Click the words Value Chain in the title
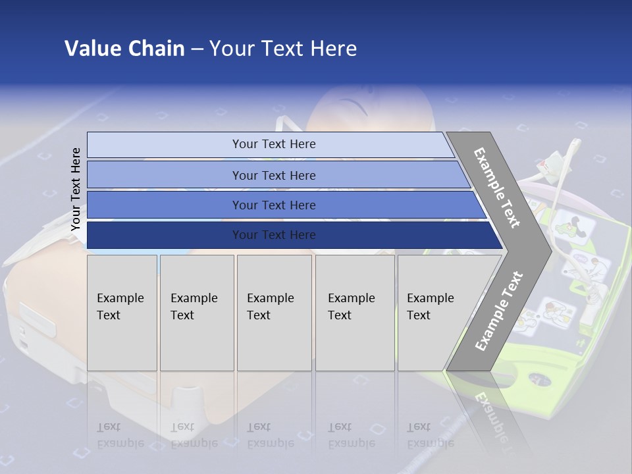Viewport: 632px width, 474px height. (x=124, y=49)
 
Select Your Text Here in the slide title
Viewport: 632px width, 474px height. (x=283, y=49)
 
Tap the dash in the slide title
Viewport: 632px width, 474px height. (x=197, y=49)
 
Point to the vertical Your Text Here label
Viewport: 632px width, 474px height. (x=76, y=189)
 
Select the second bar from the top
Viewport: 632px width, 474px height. (x=273, y=175)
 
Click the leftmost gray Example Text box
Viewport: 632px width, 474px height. (x=122, y=312)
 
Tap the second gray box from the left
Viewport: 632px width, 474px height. (x=197, y=312)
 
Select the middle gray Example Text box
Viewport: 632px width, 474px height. (x=274, y=312)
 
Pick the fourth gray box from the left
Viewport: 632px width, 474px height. (x=355, y=312)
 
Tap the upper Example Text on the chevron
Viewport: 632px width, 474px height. (x=497, y=188)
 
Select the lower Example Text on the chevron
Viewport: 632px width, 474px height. (x=498, y=311)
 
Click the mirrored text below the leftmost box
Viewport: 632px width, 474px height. (x=120, y=435)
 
